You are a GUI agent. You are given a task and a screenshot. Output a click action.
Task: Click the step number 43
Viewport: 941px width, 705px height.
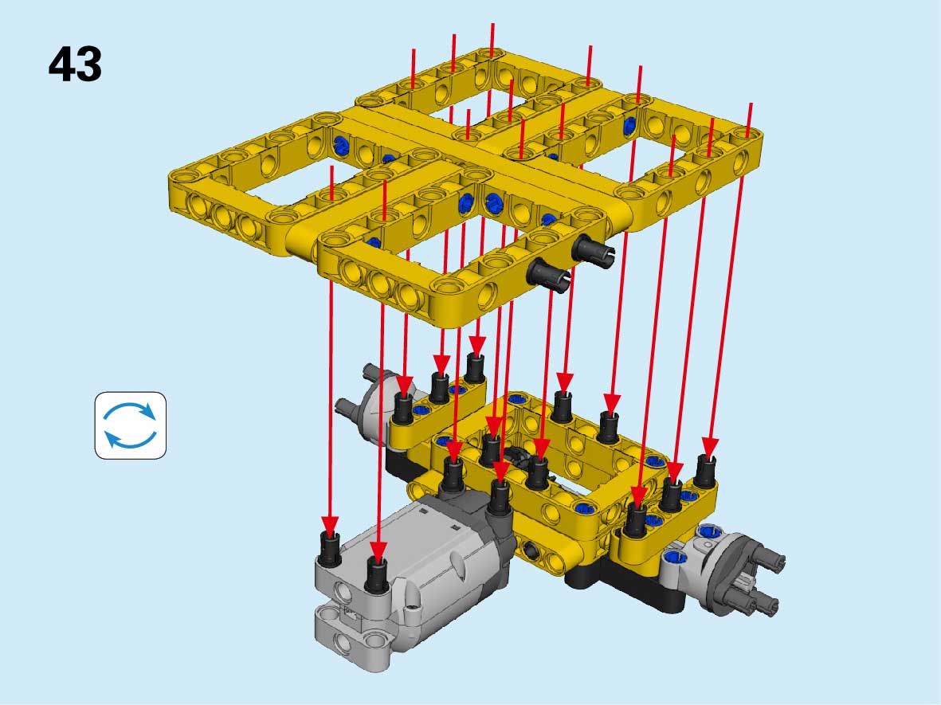(x=75, y=65)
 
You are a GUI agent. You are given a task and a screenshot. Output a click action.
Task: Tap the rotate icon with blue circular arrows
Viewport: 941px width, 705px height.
(x=130, y=425)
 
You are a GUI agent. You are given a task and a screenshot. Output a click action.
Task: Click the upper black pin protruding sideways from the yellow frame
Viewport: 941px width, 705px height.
(x=593, y=249)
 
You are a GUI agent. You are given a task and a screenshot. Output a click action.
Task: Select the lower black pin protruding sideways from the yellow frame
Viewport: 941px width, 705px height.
(x=548, y=276)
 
